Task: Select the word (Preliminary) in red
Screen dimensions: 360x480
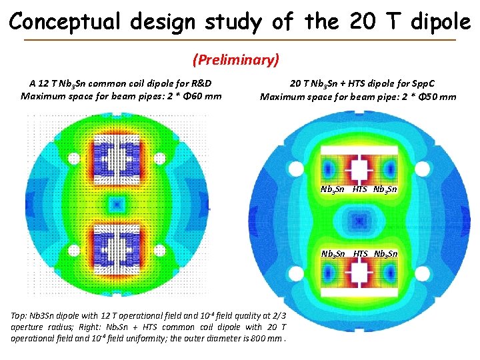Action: [235, 60]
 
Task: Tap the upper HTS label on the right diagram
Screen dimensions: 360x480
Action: [360, 189]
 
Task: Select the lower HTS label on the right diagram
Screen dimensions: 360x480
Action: [360, 253]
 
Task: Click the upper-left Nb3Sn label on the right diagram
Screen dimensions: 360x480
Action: [333, 189]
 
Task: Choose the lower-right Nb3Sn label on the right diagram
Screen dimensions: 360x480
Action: [386, 253]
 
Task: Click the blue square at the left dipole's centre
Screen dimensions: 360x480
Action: [117, 203]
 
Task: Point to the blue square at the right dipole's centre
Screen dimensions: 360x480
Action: [359, 219]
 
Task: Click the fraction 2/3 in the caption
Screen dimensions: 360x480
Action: [279, 315]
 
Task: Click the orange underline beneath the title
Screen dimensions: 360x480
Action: [239, 40]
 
